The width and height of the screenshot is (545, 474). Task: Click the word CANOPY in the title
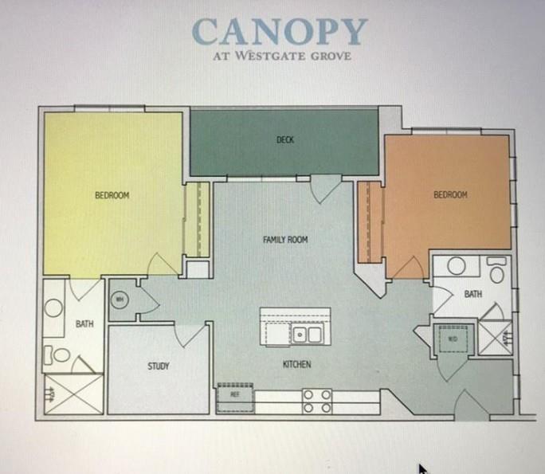click(x=279, y=31)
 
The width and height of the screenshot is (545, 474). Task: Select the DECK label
click(x=285, y=140)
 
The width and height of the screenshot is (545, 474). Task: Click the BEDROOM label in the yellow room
click(x=112, y=195)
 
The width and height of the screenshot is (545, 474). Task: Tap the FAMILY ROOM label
click(x=285, y=240)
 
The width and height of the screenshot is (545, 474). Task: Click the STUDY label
click(x=158, y=366)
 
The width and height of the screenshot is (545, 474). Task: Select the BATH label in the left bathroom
click(x=84, y=324)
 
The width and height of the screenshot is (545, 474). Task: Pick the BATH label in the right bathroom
click(x=472, y=294)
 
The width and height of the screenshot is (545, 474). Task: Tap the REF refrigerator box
click(x=235, y=393)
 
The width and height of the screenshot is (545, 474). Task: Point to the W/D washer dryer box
click(x=453, y=338)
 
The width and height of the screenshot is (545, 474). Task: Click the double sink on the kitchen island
click(x=307, y=334)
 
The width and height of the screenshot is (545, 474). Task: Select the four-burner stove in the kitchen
click(x=316, y=401)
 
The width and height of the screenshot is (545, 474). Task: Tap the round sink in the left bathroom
click(x=53, y=308)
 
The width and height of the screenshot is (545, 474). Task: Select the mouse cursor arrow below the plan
click(x=421, y=469)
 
